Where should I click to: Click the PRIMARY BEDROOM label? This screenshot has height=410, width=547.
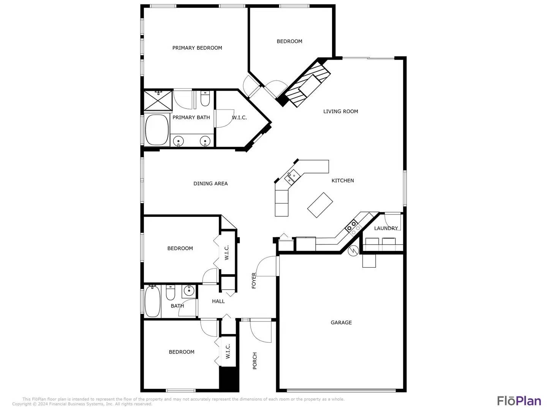tap(197, 48)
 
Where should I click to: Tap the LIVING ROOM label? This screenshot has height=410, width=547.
tap(340, 111)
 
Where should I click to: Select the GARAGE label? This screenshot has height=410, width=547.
tap(341, 322)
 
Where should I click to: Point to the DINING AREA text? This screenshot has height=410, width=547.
tap(210, 183)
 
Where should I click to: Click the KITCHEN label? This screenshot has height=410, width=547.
tap(343, 180)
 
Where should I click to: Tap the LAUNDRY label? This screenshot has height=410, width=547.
tap(386, 228)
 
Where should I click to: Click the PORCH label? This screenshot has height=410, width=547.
tap(255, 361)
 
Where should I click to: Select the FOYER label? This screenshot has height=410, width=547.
tap(254, 281)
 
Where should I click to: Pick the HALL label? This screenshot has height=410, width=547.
tap(218, 301)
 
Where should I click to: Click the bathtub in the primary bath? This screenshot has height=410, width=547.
tap(157, 130)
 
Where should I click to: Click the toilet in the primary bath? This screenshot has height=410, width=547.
tap(205, 99)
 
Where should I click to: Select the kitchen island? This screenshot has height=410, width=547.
tap(320, 205)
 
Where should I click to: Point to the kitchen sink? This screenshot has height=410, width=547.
tap(292, 177)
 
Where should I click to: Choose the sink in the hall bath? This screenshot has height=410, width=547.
tap(189, 291)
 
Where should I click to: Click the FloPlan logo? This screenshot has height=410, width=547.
tap(519, 401)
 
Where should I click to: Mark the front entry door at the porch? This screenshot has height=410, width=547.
tap(261, 331)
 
